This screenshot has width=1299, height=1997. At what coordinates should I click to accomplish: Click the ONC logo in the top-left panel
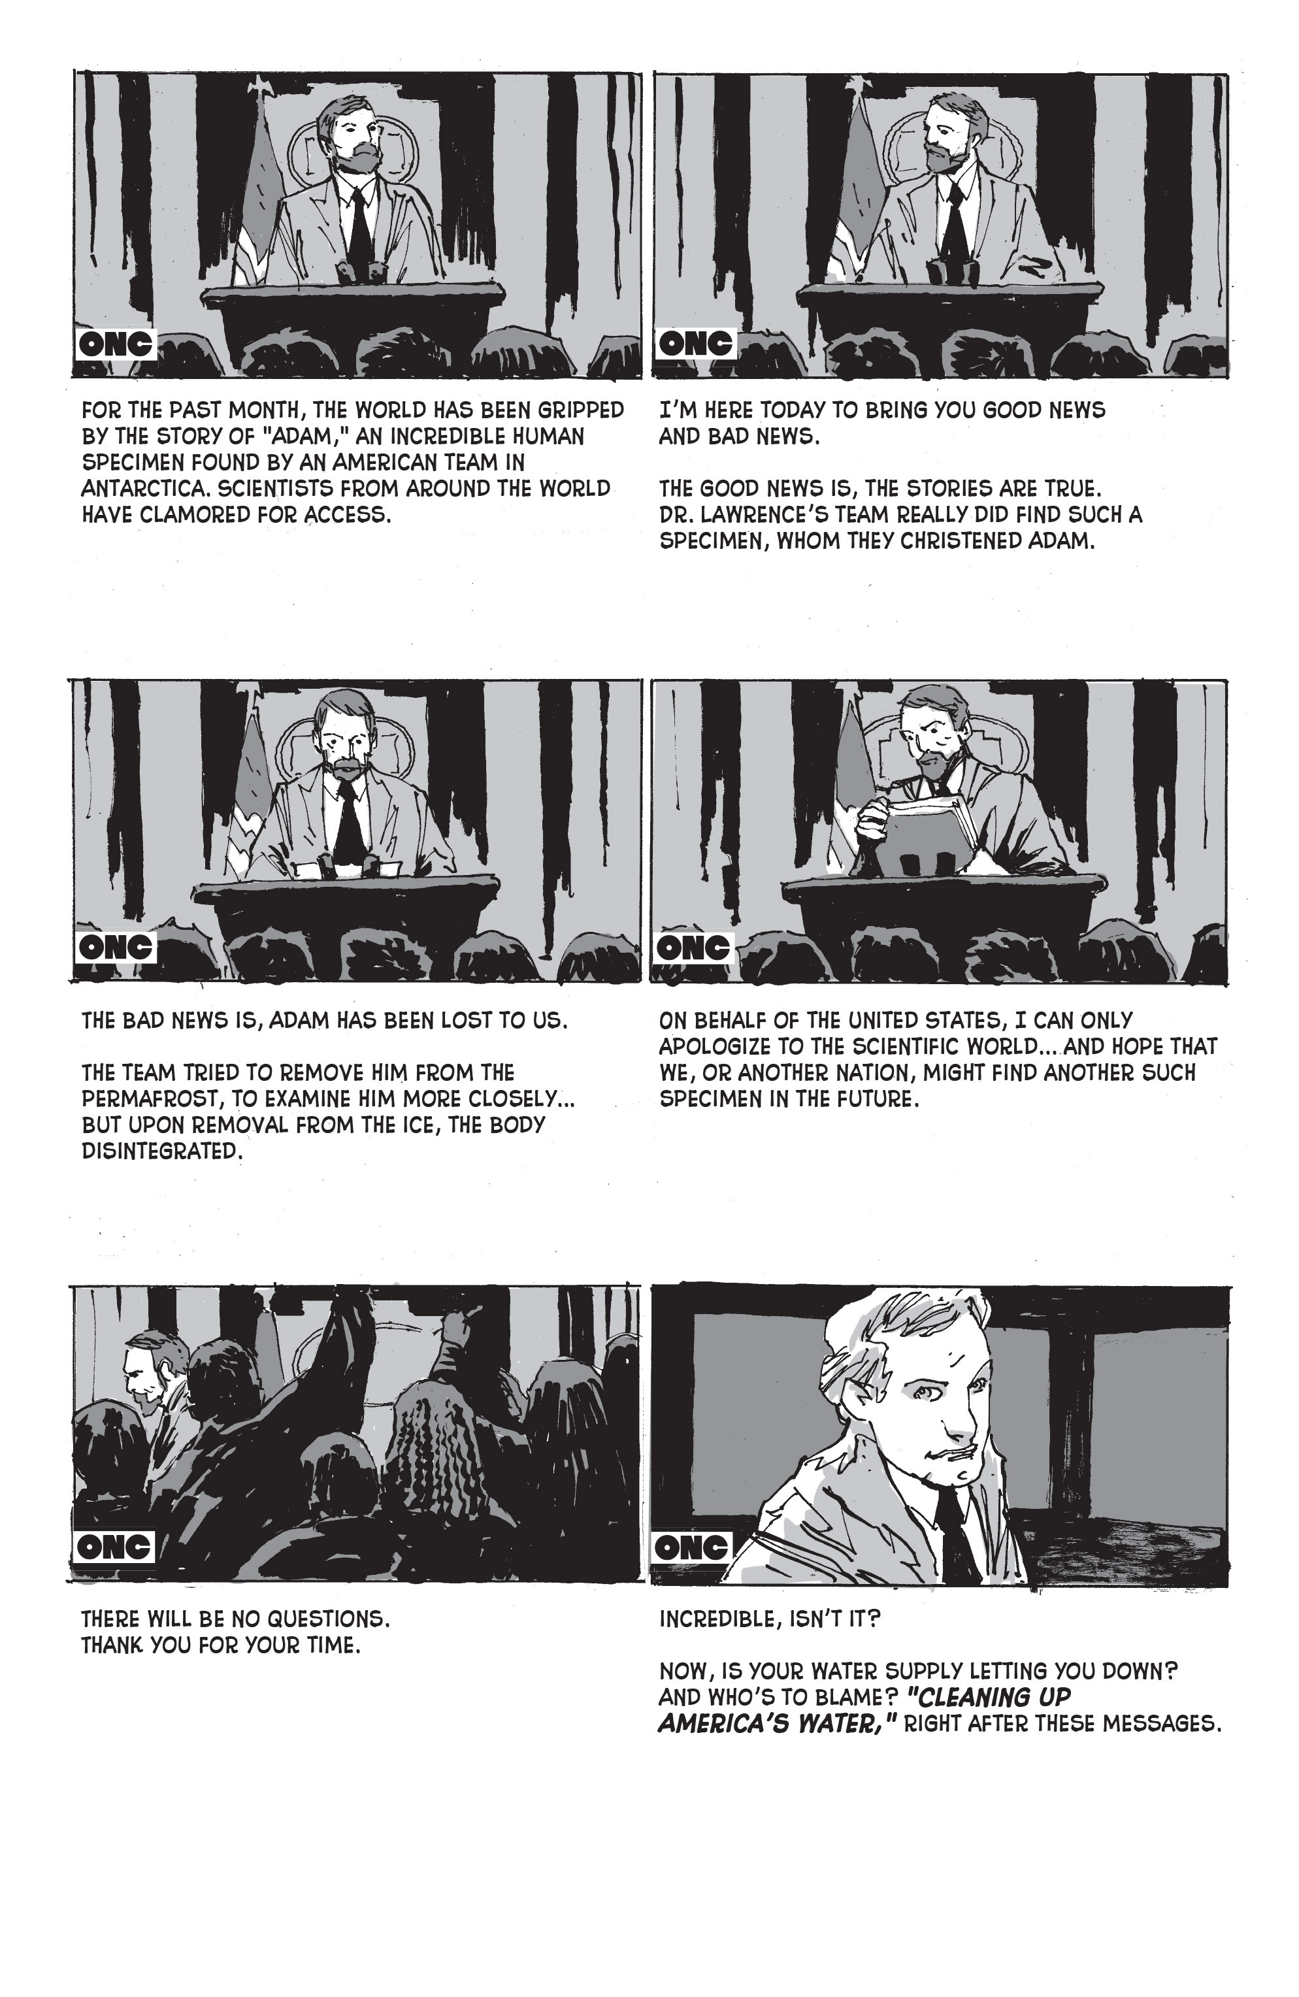point(115,343)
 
